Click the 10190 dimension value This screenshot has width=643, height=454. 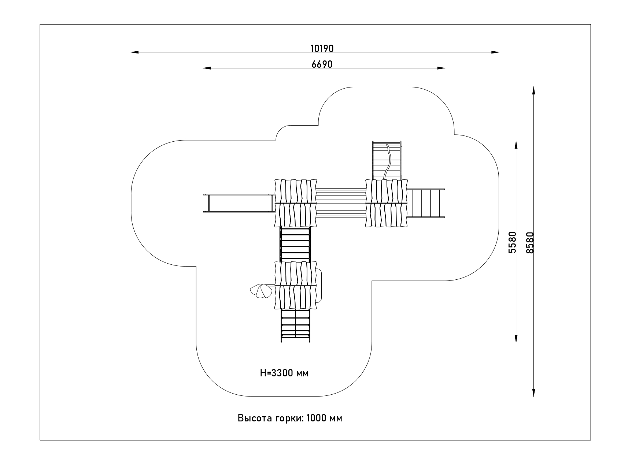point(322,48)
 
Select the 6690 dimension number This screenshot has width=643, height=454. point(322,64)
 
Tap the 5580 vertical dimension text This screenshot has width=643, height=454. point(512,242)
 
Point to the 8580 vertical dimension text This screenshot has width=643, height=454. point(529,242)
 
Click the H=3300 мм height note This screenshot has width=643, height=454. point(284,373)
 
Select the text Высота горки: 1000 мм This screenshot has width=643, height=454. point(290,418)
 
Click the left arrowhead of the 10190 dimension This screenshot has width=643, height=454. point(134,52)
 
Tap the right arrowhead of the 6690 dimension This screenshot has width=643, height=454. point(441,68)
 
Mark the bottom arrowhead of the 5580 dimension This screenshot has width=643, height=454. point(516,339)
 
